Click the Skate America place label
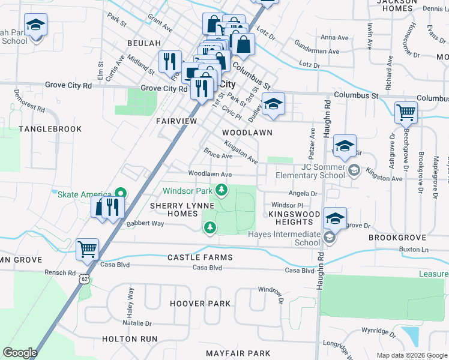pos(83,194)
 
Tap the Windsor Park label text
pos(188,191)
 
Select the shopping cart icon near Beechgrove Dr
pos(406,112)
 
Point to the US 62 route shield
pos(84,279)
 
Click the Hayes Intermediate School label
pos(285,238)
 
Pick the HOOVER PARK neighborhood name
pos(200,304)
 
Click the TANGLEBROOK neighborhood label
pos(41,129)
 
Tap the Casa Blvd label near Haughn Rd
pos(300,271)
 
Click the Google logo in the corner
pos(20,352)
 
